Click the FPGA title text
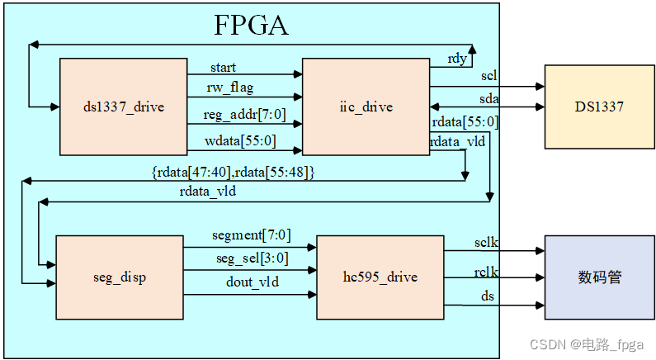pyautogui.click(x=252, y=25)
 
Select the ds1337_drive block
pyautogui.click(x=124, y=107)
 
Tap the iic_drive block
pyautogui.click(x=366, y=107)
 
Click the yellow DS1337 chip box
pyautogui.click(x=598, y=107)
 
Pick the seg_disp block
pyautogui.click(x=120, y=277)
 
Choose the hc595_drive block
pyautogui.click(x=380, y=277)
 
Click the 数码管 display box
pyautogui.click(x=598, y=277)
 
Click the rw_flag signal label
pyautogui.click(x=231, y=87)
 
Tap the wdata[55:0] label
pyautogui.click(x=239, y=141)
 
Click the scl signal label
pyautogui.click(x=488, y=76)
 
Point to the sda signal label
pyautogui.click(x=489, y=98)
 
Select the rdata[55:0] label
pyautogui.click(x=465, y=122)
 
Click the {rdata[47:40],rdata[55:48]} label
pyautogui.click(x=234, y=172)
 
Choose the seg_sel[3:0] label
pyautogui.click(x=246, y=258)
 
